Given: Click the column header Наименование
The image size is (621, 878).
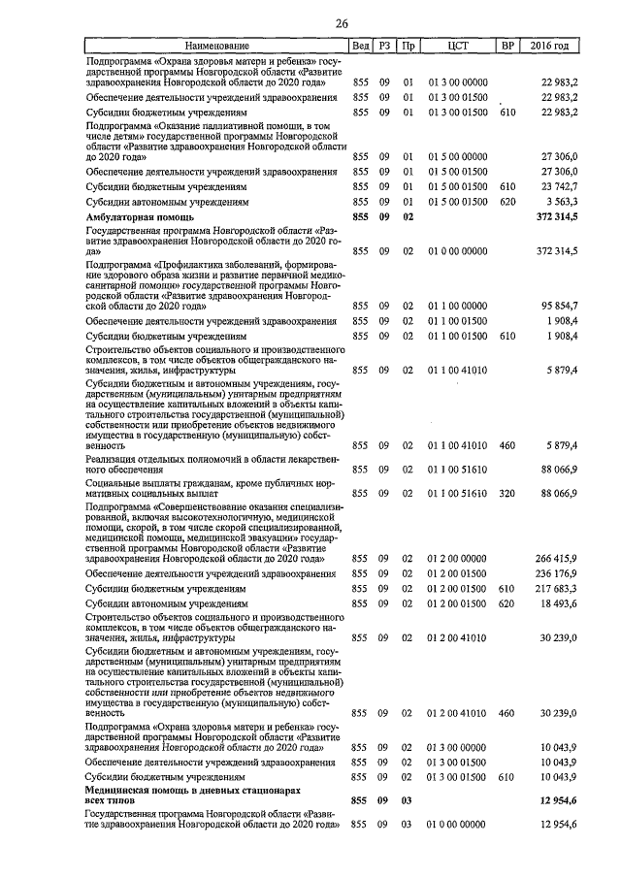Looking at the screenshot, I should pyautogui.click(x=216, y=46).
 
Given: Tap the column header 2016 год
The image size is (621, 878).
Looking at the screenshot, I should pyautogui.click(x=550, y=46).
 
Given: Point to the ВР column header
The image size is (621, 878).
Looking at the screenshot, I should pyautogui.click(x=506, y=46).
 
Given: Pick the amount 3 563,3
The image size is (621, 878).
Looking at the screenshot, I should pyautogui.click(x=561, y=201).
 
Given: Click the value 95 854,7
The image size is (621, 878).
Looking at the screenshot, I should pyautogui.click(x=560, y=306).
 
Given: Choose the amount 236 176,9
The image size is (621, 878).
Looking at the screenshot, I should pyautogui.click(x=557, y=573).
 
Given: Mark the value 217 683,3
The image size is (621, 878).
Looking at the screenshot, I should pyautogui.click(x=557, y=588).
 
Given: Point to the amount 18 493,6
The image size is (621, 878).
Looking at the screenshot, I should pyautogui.click(x=560, y=603).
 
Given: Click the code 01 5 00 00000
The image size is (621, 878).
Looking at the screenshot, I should pyautogui.click(x=457, y=155).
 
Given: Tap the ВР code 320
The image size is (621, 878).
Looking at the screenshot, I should pyautogui.click(x=506, y=493).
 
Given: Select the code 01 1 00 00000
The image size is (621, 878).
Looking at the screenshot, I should pyautogui.click(x=457, y=306).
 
